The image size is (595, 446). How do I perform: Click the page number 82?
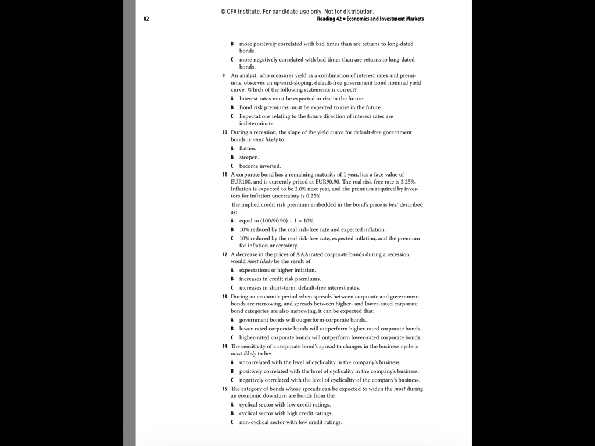[x=146, y=19]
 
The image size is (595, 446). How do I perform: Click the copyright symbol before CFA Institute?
[x=223, y=12]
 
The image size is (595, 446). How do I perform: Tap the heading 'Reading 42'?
[x=326, y=19]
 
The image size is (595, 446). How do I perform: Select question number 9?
[x=224, y=75]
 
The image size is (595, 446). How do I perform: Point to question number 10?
[x=224, y=132]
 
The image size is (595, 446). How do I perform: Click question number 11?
[x=224, y=174]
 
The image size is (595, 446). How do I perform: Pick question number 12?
[x=224, y=254]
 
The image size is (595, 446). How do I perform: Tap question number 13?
[x=224, y=297]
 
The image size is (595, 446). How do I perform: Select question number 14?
[x=224, y=346]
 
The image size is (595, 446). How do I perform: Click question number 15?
[x=224, y=389]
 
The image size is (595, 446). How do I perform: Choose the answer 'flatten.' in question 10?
[x=248, y=149]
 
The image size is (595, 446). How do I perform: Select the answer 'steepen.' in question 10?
[x=249, y=157]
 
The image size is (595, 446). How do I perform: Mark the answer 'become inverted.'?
[x=260, y=166]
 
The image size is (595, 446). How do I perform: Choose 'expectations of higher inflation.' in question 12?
[x=278, y=271]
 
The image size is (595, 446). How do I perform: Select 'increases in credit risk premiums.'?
[x=280, y=279]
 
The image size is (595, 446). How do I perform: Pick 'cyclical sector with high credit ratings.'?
[x=286, y=413]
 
